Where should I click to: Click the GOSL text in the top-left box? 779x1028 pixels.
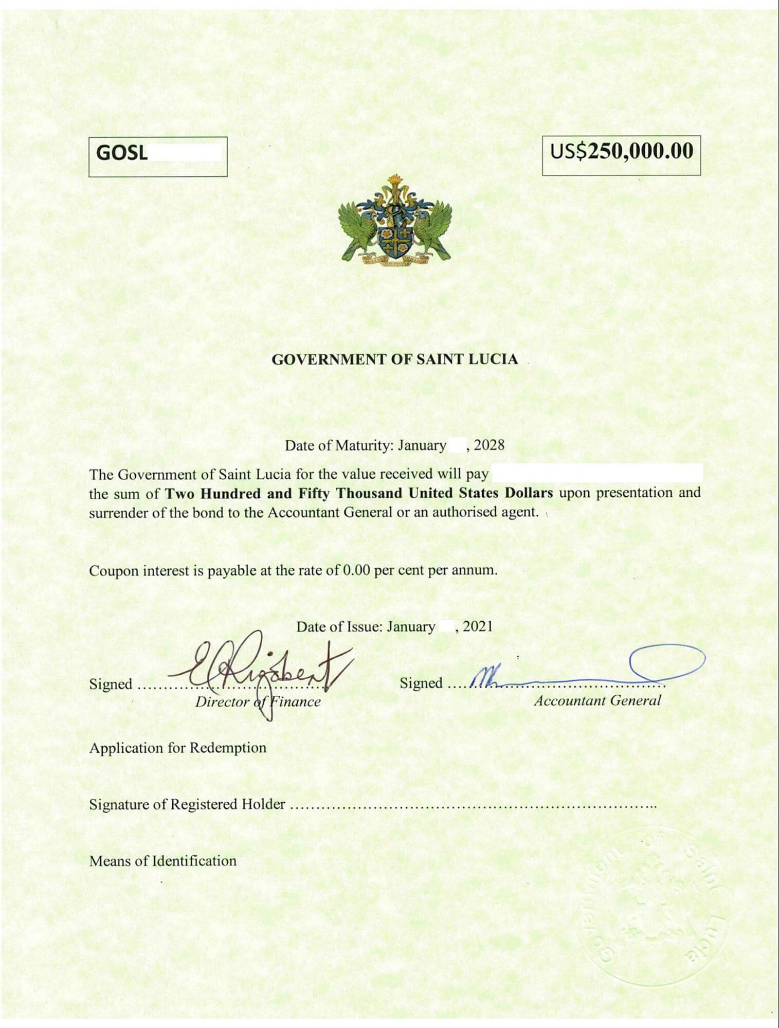(122, 153)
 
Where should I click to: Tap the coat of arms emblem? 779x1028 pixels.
(394, 220)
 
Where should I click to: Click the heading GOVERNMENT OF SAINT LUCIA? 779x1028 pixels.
(394, 359)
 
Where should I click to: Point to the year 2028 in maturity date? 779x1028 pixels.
(489, 445)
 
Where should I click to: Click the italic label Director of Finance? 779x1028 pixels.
(258, 702)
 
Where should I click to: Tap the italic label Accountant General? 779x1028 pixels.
(597, 700)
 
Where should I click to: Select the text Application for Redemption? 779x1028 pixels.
(177, 747)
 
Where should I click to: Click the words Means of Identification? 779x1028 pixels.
(163, 861)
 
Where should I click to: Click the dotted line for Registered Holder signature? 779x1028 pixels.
(473, 806)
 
